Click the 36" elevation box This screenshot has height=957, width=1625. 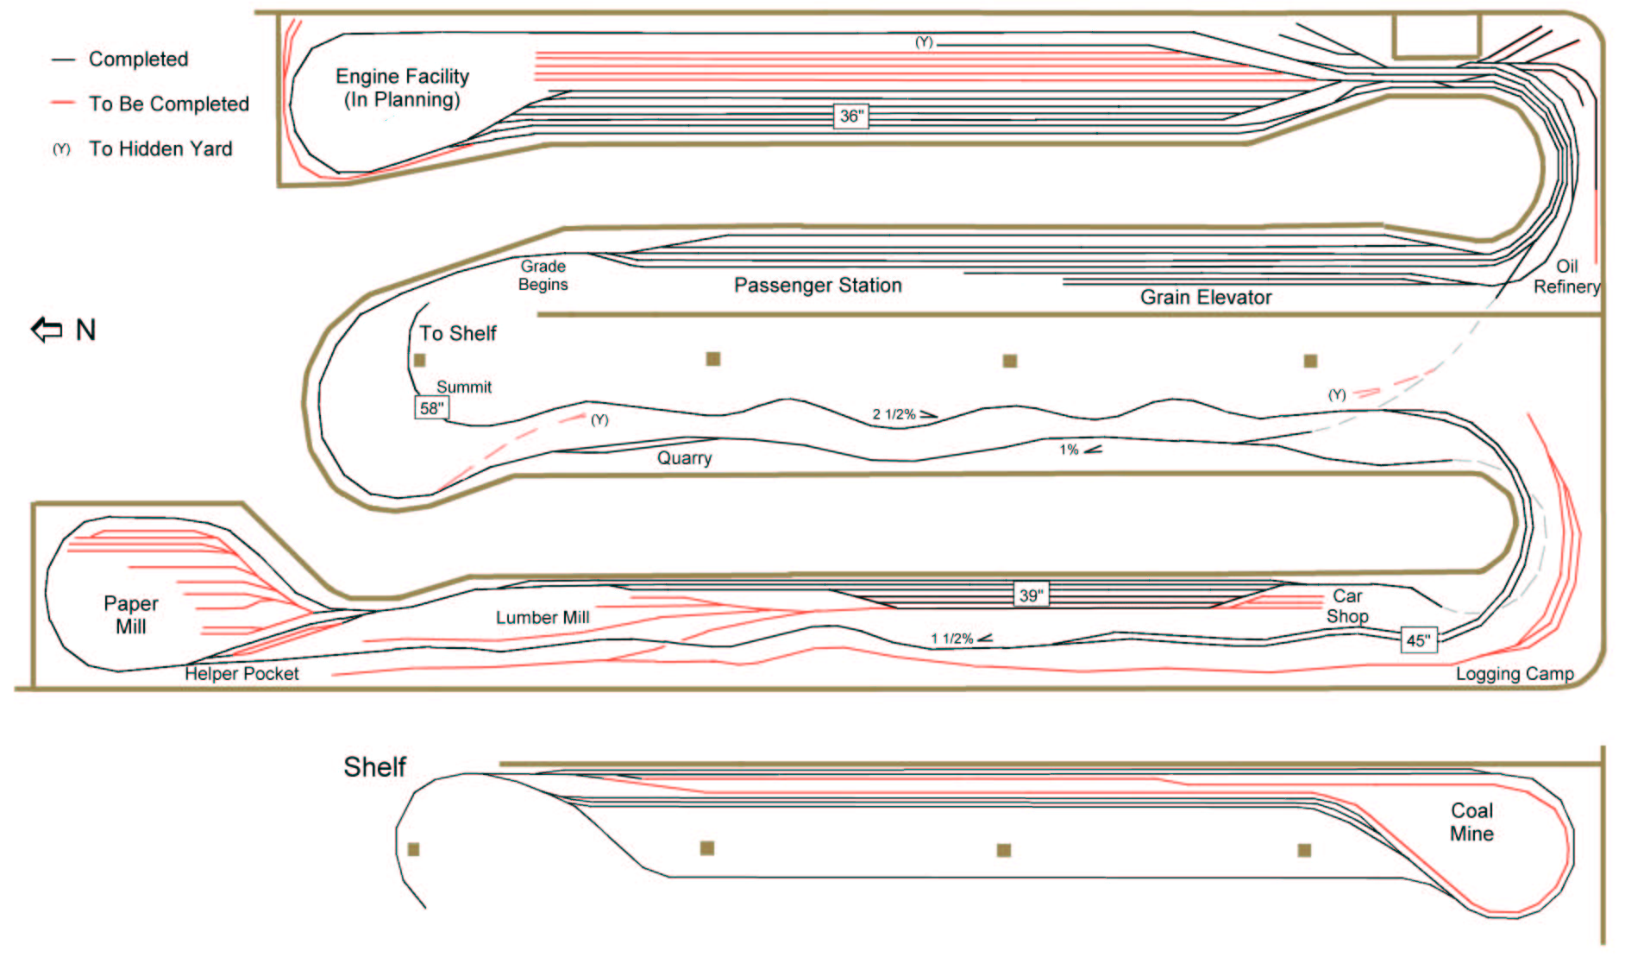click(x=850, y=116)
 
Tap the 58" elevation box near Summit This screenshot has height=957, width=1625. click(x=431, y=408)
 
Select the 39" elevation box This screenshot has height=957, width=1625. click(x=1031, y=595)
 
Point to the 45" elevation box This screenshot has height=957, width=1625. click(x=1418, y=640)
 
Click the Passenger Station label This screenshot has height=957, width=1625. click(x=818, y=286)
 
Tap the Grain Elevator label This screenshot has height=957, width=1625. click(x=1206, y=298)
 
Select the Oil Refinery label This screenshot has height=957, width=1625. click(x=1566, y=277)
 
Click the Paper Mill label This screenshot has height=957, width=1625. click(x=131, y=614)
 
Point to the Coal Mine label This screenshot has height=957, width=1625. click(x=1471, y=822)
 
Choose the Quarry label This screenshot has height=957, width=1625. click(x=684, y=458)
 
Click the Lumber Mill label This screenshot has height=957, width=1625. click(x=543, y=618)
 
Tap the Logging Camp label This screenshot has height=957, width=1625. click(x=1515, y=674)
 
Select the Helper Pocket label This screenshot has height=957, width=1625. click(x=242, y=674)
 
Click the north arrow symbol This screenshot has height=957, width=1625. click(x=47, y=330)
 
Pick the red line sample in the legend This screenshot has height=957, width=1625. click(x=63, y=104)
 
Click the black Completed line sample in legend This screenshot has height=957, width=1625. click(x=63, y=60)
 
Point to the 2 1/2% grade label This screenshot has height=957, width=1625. click(x=894, y=414)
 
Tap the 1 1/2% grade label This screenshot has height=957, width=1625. click(x=952, y=639)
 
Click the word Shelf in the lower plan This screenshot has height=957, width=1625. click(x=374, y=767)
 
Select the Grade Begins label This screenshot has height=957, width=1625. click(x=543, y=275)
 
